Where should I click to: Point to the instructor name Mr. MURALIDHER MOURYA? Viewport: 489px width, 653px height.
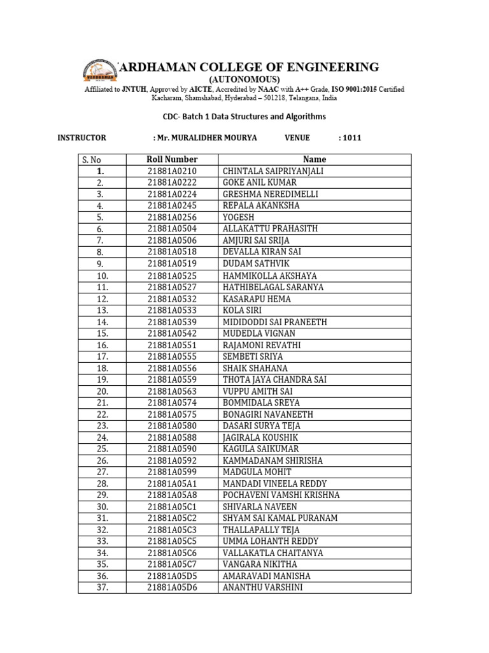[x=205, y=137]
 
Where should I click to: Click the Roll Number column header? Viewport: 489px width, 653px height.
[x=172, y=159]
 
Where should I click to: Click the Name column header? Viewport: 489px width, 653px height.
[x=315, y=159]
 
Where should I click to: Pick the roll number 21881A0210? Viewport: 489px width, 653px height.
[x=172, y=171]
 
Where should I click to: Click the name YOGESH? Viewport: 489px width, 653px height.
[x=238, y=217]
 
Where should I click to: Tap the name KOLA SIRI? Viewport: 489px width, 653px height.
[x=243, y=310]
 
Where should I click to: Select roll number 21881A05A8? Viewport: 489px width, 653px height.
[x=172, y=495]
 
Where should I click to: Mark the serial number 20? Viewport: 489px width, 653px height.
[x=102, y=391]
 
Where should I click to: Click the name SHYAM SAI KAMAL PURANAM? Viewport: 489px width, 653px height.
[x=280, y=518]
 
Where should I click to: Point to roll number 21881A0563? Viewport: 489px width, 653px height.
[x=172, y=391]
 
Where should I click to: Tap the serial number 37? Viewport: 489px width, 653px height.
[x=102, y=587]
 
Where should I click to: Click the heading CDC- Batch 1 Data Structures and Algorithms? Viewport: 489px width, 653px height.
[x=244, y=117]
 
